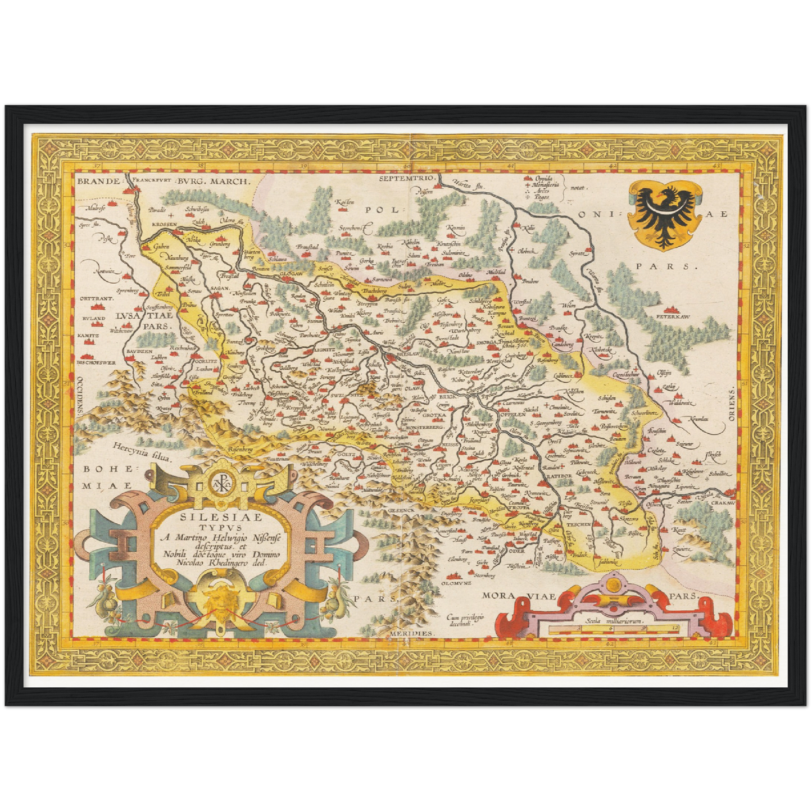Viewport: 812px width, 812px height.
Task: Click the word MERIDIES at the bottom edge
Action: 412,633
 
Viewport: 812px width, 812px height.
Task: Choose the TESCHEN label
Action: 579,524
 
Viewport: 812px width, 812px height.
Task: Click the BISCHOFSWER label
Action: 96,362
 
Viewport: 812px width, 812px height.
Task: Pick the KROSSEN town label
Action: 164,224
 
